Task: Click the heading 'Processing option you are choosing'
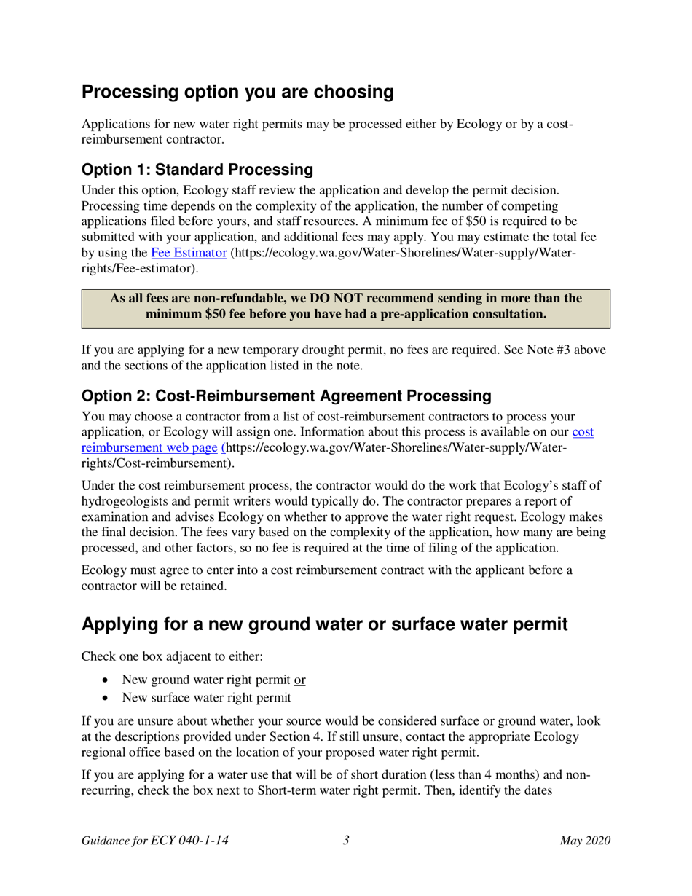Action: pyautogui.click(x=237, y=93)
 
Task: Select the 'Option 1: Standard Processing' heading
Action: pyautogui.click(x=197, y=170)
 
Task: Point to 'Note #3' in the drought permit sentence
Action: pyautogui.click(x=549, y=349)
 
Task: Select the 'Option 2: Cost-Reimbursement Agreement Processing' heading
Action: pyautogui.click(x=286, y=396)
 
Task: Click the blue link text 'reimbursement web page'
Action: pyautogui.click(x=151, y=447)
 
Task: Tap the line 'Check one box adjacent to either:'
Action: pyautogui.click(x=172, y=656)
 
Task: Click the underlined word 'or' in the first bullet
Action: pyautogui.click(x=299, y=680)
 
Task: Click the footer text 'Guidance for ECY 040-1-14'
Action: pyautogui.click(x=155, y=841)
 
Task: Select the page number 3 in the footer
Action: pyautogui.click(x=346, y=841)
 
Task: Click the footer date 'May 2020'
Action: pyautogui.click(x=585, y=841)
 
